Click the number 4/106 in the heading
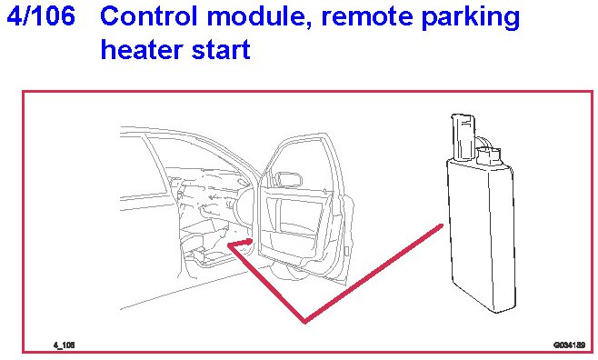(41, 16)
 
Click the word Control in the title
(149, 16)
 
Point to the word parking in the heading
(471, 18)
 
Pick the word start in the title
(221, 50)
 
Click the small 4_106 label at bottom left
(64, 345)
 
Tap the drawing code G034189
(570, 345)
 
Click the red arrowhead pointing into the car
(248, 242)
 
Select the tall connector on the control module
(463, 136)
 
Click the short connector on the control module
(489, 156)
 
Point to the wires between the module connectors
(483, 143)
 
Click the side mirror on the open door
(289, 179)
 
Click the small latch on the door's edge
(346, 251)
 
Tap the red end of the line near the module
(441, 226)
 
